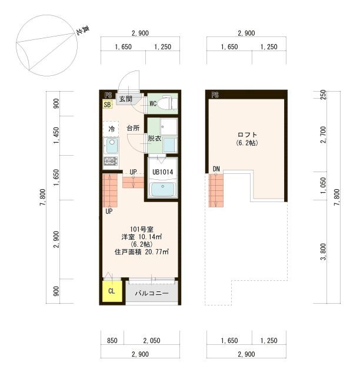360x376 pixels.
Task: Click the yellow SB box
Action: pos(108,105)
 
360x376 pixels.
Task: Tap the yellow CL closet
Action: pos(112,291)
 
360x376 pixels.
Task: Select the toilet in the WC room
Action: pos(168,103)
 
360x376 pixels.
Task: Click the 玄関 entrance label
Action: pos(126,99)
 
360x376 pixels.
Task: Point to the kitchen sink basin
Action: pos(112,146)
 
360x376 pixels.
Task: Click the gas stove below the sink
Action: pos(111,161)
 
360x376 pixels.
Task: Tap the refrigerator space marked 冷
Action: pos(111,129)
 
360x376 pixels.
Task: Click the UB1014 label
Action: pos(162,172)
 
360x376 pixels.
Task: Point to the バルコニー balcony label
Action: pos(152,293)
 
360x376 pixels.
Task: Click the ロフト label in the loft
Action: pos(247,135)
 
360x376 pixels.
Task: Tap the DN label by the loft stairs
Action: pos(216,169)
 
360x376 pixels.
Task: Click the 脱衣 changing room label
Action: pos(155,139)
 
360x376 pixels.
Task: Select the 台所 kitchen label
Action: pos(133,128)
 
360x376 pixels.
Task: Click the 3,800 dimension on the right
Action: pos(324,251)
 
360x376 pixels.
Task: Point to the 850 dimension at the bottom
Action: pos(112,341)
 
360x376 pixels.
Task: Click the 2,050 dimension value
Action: pos(152,341)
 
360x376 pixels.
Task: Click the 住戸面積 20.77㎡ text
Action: pos(141,252)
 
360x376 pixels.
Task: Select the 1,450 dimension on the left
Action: pos(56,136)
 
